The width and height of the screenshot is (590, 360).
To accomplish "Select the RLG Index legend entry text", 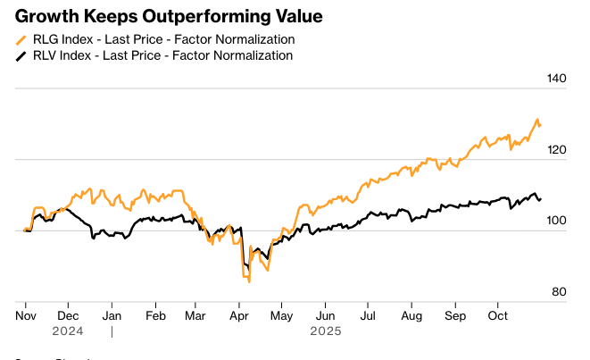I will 163,39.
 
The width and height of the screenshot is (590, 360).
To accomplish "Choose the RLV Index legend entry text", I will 162,55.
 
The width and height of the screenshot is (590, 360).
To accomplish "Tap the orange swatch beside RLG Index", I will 21,40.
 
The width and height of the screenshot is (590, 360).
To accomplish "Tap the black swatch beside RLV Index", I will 21,56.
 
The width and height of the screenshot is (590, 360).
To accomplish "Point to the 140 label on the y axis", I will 556,79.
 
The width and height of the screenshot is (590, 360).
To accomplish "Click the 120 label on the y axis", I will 556,150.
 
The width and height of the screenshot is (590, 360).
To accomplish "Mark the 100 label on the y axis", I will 556,222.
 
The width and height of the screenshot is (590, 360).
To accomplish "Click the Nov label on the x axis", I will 27,315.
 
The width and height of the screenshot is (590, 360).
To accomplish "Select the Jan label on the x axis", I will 112,315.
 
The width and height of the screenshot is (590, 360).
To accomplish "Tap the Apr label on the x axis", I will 240,315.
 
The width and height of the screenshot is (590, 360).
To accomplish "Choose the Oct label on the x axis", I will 496,315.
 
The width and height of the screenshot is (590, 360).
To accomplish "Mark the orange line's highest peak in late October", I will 537,120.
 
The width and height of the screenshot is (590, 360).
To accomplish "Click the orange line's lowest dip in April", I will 249,281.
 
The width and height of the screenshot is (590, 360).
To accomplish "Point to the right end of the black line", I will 540,198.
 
